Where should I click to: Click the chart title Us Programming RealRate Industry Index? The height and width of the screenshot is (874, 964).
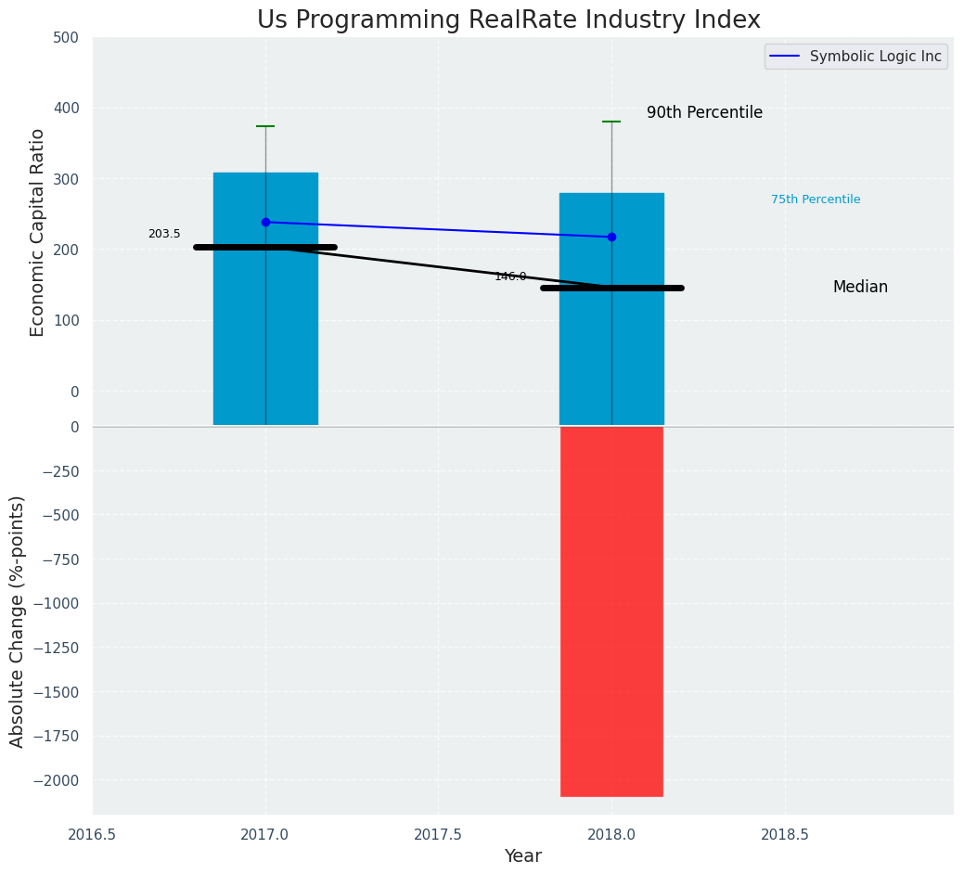[508, 20]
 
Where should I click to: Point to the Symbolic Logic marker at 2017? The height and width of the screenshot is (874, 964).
[265, 222]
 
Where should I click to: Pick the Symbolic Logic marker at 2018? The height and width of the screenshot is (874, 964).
[611, 237]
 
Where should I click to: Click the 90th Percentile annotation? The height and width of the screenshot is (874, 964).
[704, 113]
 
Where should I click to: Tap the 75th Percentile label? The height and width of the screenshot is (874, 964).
[815, 199]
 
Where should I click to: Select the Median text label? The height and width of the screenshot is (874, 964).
[860, 288]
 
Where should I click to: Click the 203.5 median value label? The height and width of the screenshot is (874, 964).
[164, 234]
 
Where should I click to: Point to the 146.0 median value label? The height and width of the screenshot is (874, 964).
[510, 276]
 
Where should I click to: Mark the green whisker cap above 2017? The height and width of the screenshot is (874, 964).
[265, 126]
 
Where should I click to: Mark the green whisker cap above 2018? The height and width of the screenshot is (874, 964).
[611, 122]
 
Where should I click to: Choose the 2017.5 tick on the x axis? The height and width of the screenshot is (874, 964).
[438, 834]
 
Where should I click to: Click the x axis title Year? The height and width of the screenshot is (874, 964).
[522, 856]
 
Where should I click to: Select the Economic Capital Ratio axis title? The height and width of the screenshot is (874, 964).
[38, 232]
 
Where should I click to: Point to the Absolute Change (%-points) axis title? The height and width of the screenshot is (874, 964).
[17, 621]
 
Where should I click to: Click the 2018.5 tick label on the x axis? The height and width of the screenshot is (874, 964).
[785, 834]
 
